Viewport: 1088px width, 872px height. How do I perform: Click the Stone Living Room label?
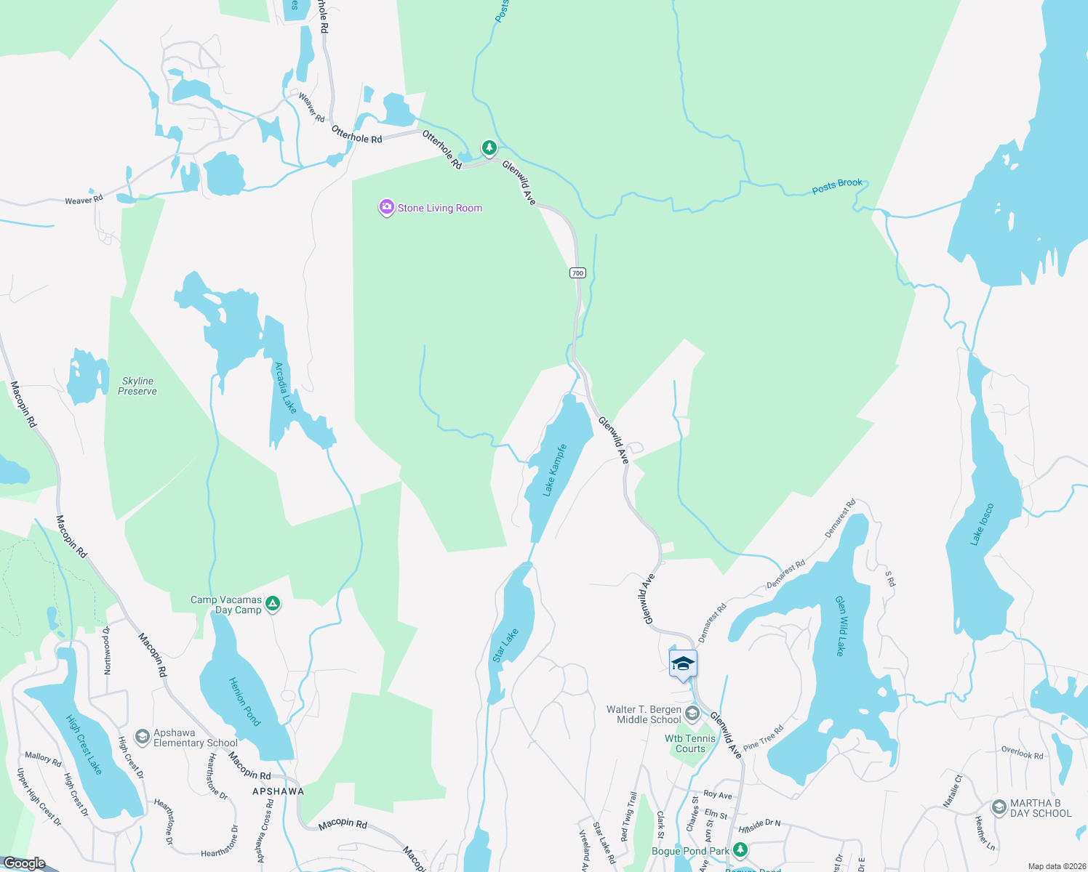439,209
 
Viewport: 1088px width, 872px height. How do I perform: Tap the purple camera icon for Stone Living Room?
386,208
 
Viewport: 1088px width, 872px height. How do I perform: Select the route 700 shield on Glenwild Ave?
577,273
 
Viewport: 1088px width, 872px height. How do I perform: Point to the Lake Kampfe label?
555,470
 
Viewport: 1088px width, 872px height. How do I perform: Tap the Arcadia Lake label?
285,388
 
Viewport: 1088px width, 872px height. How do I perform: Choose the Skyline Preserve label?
137,386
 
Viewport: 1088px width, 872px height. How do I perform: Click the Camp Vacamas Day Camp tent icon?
273,604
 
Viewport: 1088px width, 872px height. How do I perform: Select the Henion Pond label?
244,701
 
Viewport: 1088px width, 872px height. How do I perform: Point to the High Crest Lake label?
84,745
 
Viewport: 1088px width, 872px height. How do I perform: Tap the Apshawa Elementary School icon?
143,738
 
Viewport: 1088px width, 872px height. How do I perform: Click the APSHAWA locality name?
278,791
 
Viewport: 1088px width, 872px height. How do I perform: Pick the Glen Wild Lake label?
841,626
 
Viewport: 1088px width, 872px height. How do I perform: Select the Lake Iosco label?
982,524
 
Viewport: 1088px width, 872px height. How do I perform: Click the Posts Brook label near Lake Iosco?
837,186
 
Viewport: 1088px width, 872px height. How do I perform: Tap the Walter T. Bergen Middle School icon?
692,714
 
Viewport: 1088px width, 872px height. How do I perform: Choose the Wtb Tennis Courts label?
690,743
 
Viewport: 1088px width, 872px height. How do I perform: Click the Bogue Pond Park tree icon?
740,849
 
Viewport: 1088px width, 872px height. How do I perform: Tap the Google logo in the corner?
24,863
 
